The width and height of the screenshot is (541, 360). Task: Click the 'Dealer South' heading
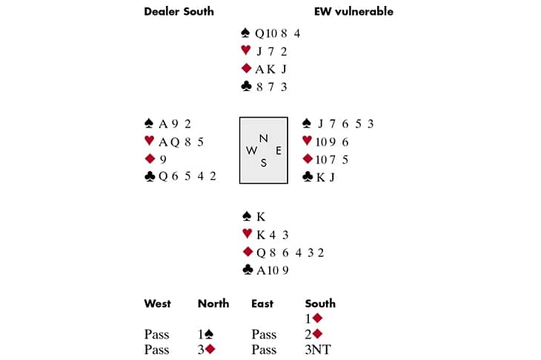click(x=179, y=11)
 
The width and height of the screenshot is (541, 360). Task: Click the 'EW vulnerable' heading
click(x=354, y=11)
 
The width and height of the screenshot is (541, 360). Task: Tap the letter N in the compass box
click(x=263, y=138)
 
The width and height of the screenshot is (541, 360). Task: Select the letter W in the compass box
click(x=251, y=150)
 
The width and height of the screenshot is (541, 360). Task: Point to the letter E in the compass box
click(x=278, y=150)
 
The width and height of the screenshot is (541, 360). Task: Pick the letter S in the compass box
click(x=263, y=162)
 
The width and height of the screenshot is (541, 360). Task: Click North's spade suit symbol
click(x=246, y=33)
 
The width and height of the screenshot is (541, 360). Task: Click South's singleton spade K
click(x=260, y=217)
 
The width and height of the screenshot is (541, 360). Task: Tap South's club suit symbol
click(x=247, y=270)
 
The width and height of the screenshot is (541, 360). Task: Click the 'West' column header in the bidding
click(x=157, y=303)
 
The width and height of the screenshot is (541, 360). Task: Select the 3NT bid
click(x=319, y=350)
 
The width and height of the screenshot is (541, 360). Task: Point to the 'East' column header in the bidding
click(x=262, y=303)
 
